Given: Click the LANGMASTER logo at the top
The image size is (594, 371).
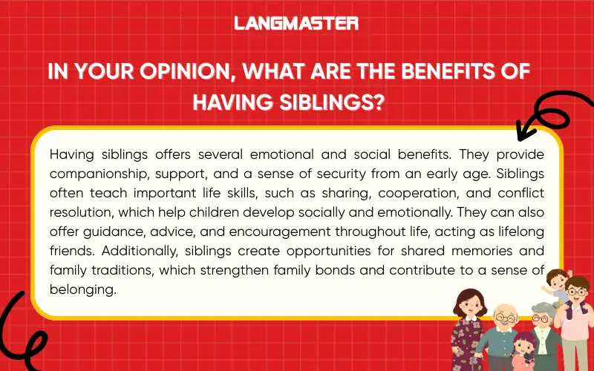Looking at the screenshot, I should point(296,23).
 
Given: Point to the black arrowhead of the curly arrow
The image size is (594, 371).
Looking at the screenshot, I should point(523,131).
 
